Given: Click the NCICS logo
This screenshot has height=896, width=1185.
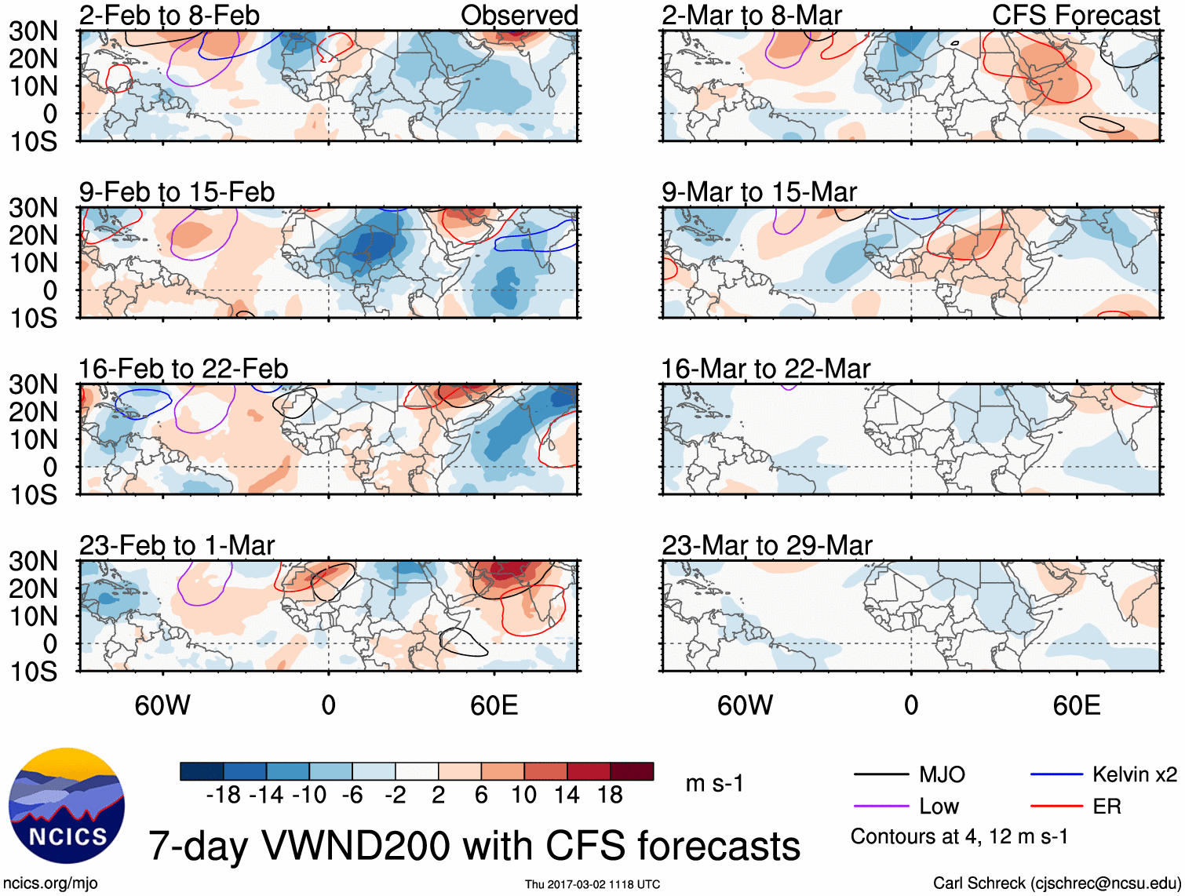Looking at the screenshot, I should coord(67,806).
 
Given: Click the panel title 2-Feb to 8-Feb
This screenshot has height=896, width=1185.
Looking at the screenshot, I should coord(169,15).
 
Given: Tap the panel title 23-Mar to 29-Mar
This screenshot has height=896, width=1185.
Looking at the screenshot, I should coord(767,545).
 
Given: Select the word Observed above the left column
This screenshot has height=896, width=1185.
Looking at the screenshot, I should coord(519,15).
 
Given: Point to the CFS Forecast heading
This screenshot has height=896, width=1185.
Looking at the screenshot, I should coord(1075,15).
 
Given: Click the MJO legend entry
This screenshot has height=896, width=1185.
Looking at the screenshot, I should coord(941,775).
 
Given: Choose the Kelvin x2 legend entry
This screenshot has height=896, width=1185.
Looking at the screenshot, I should coord(1134,775).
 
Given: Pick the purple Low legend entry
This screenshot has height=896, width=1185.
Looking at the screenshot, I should coord(939,807).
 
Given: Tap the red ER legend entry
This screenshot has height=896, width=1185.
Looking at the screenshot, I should coord(1107,807).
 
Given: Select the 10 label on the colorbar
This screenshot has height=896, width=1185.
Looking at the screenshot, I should coord(523,796).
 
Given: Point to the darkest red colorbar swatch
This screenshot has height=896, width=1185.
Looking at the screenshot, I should coord(632,771).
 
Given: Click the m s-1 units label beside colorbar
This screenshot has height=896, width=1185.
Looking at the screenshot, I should coord(714,784).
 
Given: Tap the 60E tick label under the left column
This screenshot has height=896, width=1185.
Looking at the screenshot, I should coord(494,705).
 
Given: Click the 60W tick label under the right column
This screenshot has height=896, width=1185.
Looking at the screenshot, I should coord(745,705).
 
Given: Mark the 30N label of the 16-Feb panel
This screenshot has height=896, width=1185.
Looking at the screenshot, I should coord(33,384).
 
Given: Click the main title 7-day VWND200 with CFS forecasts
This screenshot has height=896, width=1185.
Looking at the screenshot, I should coord(474,846).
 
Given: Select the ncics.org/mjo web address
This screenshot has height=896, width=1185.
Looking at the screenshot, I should coord(50,883).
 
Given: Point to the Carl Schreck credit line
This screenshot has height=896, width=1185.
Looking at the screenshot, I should coord(1056,883).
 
